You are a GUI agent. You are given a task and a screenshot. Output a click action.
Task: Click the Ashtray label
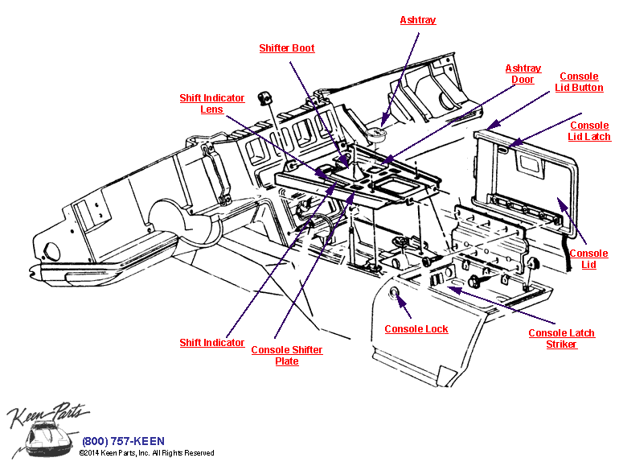(418, 20)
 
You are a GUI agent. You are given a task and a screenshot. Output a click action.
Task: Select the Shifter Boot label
(286, 48)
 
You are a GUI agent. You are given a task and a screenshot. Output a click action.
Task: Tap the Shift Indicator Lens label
(211, 104)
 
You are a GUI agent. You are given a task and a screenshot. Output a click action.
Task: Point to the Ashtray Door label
(523, 74)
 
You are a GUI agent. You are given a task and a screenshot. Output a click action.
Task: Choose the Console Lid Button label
(579, 82)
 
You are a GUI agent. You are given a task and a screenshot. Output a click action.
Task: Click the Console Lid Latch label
(589, 131)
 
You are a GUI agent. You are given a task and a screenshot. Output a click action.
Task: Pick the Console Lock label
(416, 329)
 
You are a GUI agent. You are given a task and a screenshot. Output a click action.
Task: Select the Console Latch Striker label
(561, 339)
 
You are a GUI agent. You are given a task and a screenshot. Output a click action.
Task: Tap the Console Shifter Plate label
(287, 356)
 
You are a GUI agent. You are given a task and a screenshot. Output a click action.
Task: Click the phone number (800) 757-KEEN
(123, 441)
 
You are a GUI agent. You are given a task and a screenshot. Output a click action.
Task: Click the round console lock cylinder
(395, 294)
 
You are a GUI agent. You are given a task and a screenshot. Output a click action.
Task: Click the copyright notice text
(146, 454)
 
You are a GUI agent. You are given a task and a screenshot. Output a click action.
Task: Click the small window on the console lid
(531, 164)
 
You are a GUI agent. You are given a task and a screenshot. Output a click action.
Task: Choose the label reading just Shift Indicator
(211, 343)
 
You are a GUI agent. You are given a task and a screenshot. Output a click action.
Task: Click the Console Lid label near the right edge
(588, 259)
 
